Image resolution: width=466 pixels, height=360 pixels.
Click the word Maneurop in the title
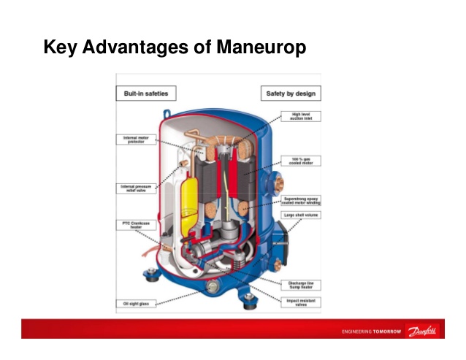(x=261, y=48)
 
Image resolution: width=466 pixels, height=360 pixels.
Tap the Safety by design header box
(x=291, y=94)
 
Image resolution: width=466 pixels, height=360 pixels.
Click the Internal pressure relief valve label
(x=137, y=188)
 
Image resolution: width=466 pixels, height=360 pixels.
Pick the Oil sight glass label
(x=137, y=303)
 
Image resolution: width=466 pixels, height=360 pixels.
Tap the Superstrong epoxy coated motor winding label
(x=301, y=200)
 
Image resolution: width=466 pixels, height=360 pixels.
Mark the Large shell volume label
(x=301, y=215)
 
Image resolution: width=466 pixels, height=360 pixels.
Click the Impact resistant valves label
(x=301, y=302)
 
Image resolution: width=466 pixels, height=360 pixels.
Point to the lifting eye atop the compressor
(x=167, y=114)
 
